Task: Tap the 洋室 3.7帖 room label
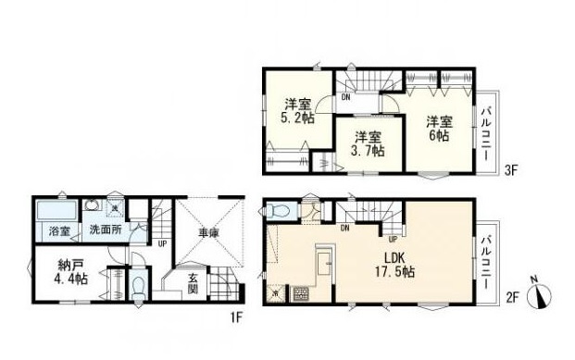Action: tap(368, 144)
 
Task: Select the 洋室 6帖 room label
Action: tap(439, 129)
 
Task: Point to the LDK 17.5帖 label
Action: tap(394, 265)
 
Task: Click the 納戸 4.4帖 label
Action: tap(70, 272)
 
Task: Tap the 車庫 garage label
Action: tap(209, 233)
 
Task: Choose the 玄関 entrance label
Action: tap(193, 283)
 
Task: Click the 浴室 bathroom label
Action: tap(60, 231)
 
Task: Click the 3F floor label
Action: tap(510, 171)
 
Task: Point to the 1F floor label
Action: tap(237, 317)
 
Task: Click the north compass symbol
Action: tap(539, 294)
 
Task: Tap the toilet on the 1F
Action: tap(138, 286)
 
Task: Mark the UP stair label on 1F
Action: tap(162, 243)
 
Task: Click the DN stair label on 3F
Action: tap(345, 97)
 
